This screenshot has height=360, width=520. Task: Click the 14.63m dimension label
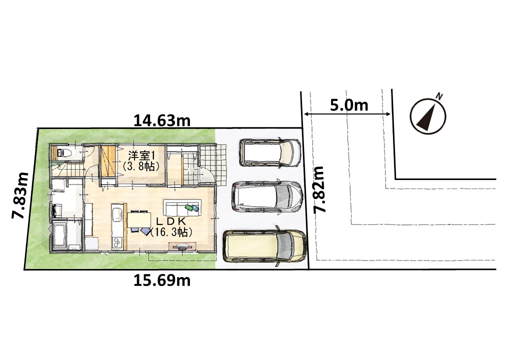click(162, 120)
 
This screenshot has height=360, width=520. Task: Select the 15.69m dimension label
click(162, 281)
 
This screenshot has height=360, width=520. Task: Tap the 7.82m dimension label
click(320, 189)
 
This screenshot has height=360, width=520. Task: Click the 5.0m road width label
click(349, 105)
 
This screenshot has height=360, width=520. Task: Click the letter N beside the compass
click(439, 96)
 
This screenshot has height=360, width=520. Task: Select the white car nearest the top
click(270, 152)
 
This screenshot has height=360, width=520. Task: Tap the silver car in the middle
click(267, 197)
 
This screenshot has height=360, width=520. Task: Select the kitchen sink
click(117, 213)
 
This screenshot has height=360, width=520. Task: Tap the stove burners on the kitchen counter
click(117, 242)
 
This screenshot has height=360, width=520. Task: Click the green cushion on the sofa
click(188, 207)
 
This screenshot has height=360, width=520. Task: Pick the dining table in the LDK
click(139, 219)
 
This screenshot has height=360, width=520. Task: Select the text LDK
click(171, 221)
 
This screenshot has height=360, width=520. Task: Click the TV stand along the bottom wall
click(181, 246)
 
